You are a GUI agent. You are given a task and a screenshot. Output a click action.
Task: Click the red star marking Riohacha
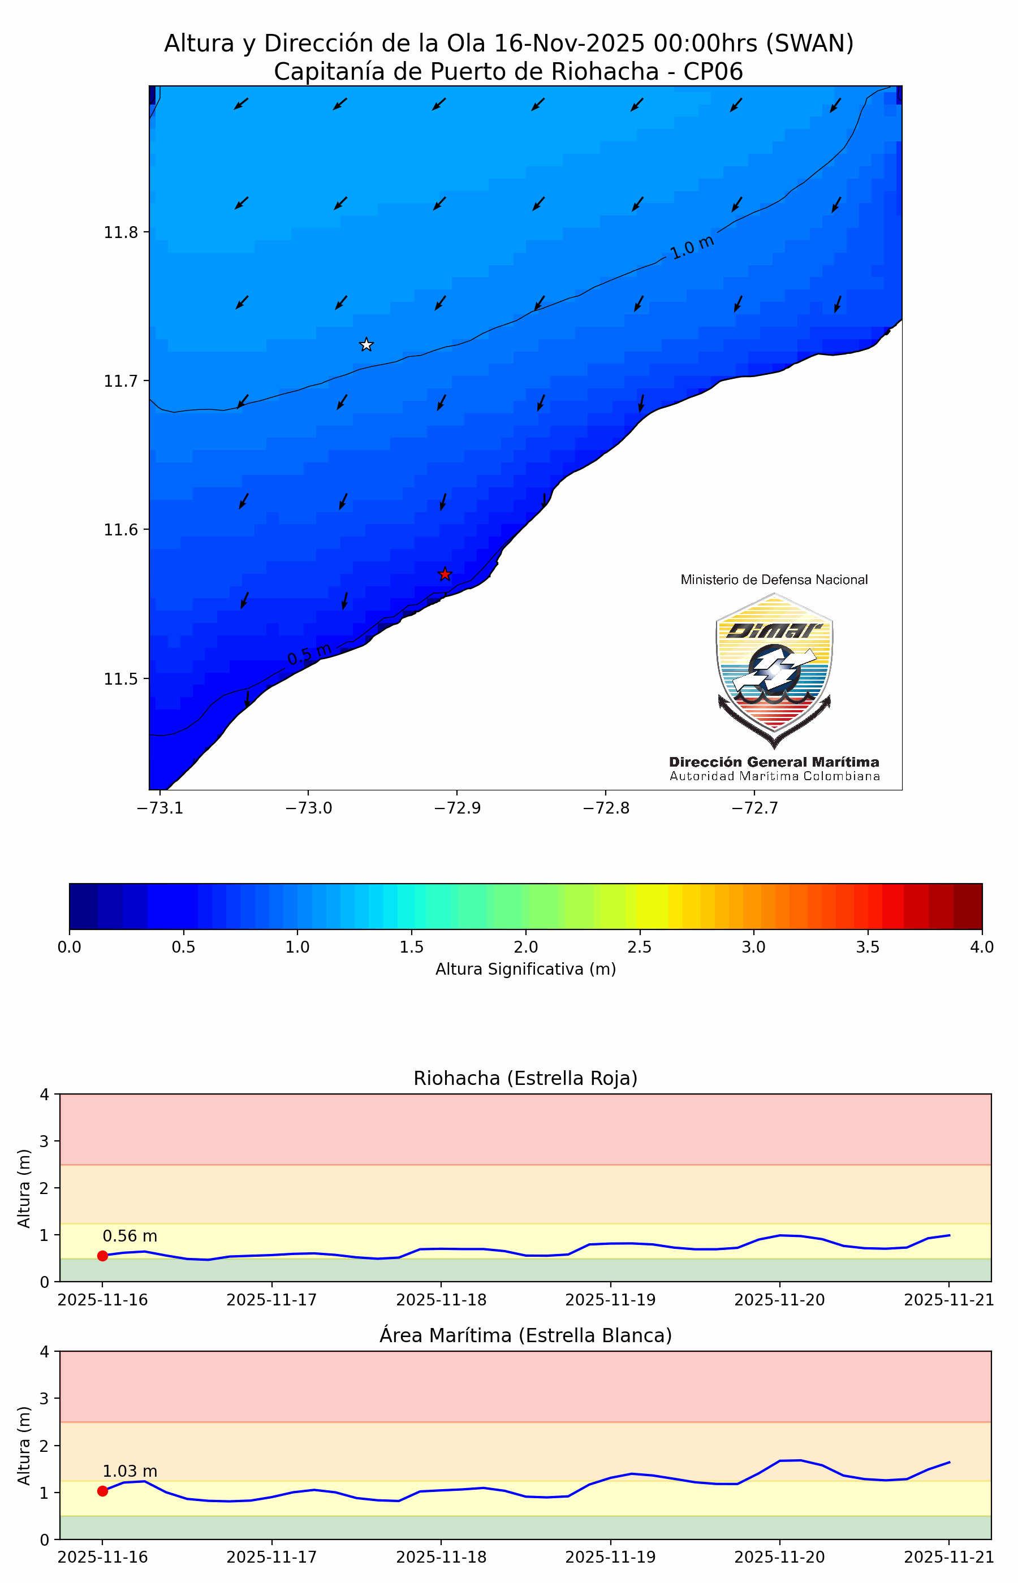(445, 574)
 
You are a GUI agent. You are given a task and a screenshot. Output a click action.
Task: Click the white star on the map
(366, 344)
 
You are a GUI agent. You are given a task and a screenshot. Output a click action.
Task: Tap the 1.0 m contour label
(692, 247)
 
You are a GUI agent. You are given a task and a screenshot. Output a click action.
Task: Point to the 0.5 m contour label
(309, 654)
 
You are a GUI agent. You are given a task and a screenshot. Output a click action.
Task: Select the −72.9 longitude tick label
(457, 808)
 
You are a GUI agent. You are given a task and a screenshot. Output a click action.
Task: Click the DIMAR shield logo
(774, 669)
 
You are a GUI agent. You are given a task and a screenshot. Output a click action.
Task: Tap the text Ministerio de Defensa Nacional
(774, 579)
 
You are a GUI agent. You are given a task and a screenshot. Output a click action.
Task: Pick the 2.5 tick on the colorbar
(639, 947)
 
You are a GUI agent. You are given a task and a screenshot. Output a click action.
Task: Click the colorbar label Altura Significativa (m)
(525, 968)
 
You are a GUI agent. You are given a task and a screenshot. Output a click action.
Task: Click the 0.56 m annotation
(130, 1235)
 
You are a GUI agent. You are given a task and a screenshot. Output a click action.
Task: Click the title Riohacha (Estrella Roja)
(525, 1078)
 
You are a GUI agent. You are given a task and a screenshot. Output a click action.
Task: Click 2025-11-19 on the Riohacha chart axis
(610, 1300)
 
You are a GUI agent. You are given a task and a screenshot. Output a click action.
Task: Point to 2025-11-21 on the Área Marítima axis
(948, 1556)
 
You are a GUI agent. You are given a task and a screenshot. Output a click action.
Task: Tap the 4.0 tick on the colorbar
(981, 947)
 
